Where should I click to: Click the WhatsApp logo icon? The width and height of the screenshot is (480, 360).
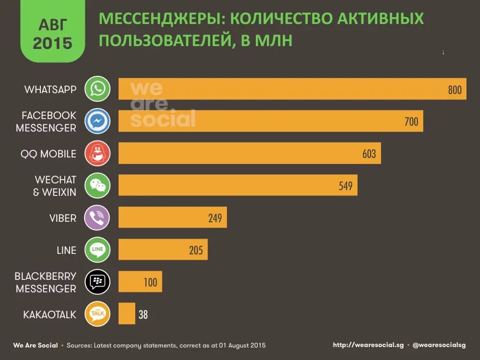[x=97, y=89]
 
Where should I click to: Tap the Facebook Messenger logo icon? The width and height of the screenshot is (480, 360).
[x=97, y=121]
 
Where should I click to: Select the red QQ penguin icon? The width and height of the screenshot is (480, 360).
[x=97, y=154]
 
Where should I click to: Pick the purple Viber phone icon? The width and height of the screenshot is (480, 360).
[x=97, y=218]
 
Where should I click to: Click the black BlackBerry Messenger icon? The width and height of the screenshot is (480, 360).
[x=97, y=282]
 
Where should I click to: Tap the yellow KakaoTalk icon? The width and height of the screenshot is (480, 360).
[x=97, y=314]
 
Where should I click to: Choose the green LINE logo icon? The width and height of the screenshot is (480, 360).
[x=97, y=250]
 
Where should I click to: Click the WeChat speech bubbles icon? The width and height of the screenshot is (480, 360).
[x=97, y=186]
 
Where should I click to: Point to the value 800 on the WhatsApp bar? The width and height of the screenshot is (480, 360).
[x=454, y=90]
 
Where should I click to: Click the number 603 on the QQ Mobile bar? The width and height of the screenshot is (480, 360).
[x=369, y=154]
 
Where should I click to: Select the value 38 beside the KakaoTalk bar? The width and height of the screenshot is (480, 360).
[x=143, y=315]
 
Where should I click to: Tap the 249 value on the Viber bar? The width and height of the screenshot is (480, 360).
[x=215, y=218]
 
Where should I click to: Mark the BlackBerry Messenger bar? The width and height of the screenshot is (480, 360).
[x=140, y=282]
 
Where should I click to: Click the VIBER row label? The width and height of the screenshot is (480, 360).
[x=62, y=218]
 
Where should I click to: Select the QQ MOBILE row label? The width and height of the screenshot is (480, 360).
[x=48, y=154]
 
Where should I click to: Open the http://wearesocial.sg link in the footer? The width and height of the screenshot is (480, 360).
[x=368, y=345]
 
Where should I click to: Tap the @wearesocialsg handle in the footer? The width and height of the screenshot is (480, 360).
[x=439, y=345]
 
